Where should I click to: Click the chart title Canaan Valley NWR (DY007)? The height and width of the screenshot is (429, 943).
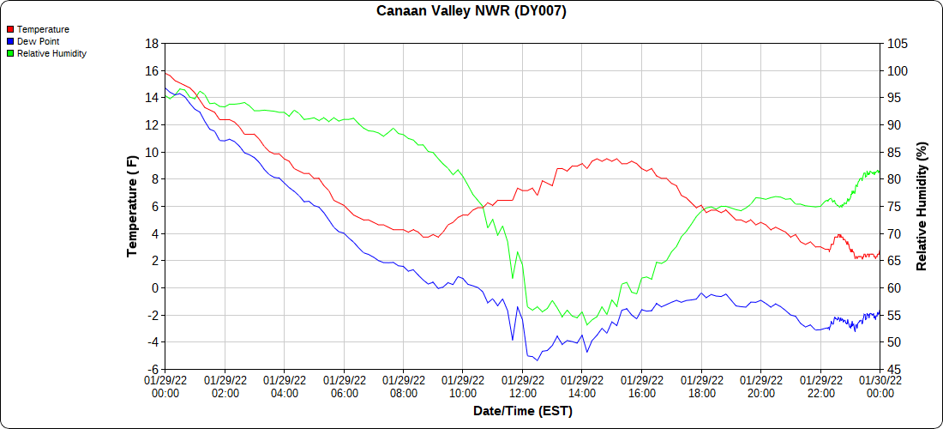click(471, 11)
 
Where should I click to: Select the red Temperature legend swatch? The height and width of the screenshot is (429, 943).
click(10, 30)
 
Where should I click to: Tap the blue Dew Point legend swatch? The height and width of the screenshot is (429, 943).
click(10, 41)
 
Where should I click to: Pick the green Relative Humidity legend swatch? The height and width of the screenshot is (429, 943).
click(10, 53)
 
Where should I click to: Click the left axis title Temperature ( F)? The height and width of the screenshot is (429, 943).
click(132, 206)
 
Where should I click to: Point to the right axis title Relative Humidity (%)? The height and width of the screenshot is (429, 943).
click(922, 206)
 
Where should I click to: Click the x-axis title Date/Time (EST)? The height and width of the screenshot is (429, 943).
click(522, 411)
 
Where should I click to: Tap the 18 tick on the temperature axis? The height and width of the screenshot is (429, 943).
click(152, 43)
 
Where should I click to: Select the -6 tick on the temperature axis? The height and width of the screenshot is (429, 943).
click(152, 370)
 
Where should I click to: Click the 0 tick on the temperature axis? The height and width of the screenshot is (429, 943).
click(155, 288)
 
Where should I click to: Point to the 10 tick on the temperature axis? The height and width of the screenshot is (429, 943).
click(152, 152)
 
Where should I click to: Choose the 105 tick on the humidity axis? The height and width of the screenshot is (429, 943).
click(897, 43)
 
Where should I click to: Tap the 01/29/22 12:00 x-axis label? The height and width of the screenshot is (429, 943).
click(522, 387)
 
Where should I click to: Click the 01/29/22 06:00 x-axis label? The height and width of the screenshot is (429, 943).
click(344, 387)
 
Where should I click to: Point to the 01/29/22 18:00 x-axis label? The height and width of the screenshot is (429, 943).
click(701, 387)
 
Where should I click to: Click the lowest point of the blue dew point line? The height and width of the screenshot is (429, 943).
click(538, 360)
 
